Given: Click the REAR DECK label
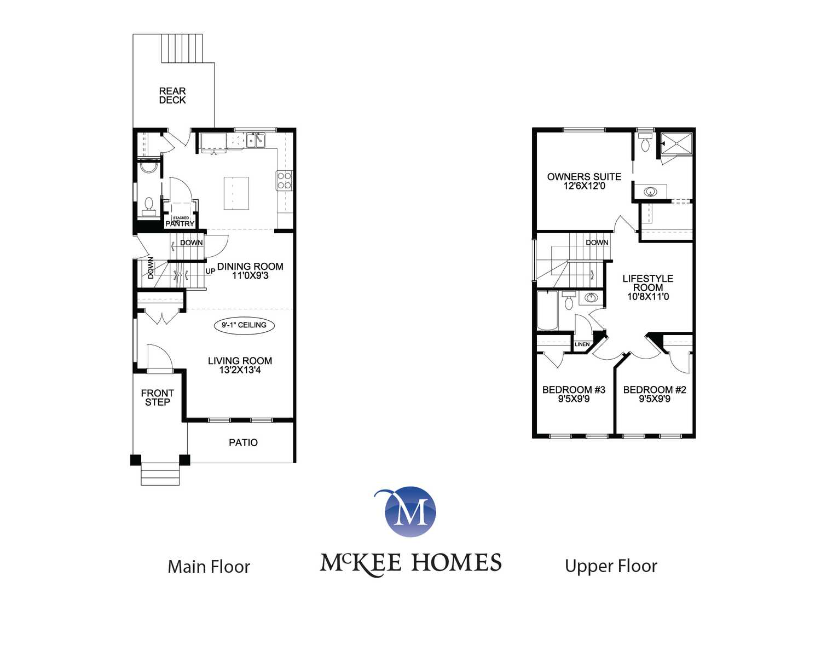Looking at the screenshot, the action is click(x=172, y=95).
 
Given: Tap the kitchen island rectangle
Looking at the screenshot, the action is click(x=236, y=193).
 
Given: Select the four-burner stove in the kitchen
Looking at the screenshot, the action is click(x=284, y=180).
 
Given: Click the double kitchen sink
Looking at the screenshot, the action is click(x=256, y=140).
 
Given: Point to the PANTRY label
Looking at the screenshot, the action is click(x=180, y=224).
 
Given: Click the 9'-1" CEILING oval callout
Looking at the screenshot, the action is click(x=244, y=325).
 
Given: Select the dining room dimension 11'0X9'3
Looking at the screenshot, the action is click(x=250, y=275).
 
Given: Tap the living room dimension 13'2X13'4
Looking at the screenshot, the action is click(x=240, y=370).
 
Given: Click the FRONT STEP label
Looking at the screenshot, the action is click(x=158, y=397).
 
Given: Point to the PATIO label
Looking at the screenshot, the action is click(x=243, y=442).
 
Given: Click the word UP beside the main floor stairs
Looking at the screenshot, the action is click(x=210, y=271).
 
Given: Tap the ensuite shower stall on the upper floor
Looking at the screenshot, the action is click(x=677, y=144).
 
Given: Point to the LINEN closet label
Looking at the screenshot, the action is click(x=582, y=344).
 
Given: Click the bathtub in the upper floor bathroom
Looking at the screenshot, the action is click(x=547, y=310).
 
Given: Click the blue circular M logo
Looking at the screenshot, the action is click(x=410, y=511).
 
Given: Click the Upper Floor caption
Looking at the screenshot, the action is click(x=611, y=567).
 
